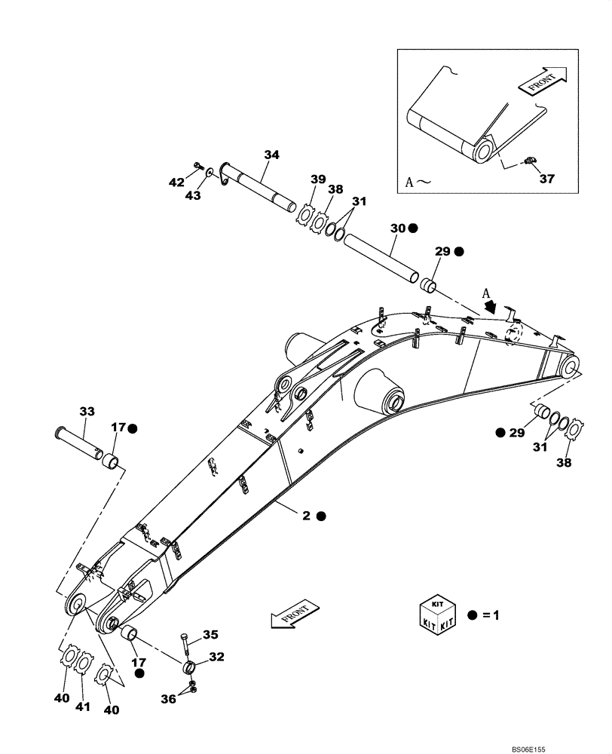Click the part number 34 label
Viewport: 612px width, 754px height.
tap(271, 155)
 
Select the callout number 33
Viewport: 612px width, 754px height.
tap(87, 411)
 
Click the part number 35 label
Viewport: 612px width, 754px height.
tap(210, 634)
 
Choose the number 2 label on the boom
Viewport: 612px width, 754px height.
tap(307, 516)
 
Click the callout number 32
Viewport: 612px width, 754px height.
tap(216, 657)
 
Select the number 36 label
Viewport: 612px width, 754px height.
tap(169, 699)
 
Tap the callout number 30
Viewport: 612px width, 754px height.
tap(398, 228)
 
